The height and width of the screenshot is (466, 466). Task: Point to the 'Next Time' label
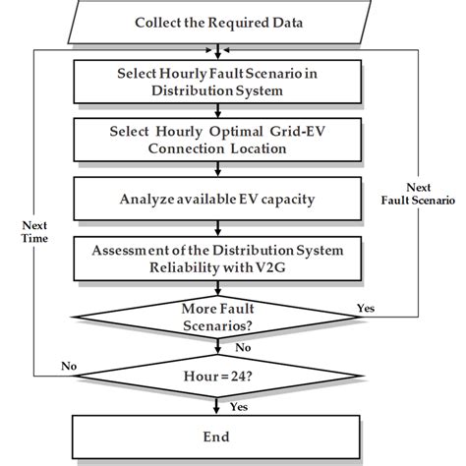[x=34, y=231]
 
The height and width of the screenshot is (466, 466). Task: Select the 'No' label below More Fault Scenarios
[x=242, y=345]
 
